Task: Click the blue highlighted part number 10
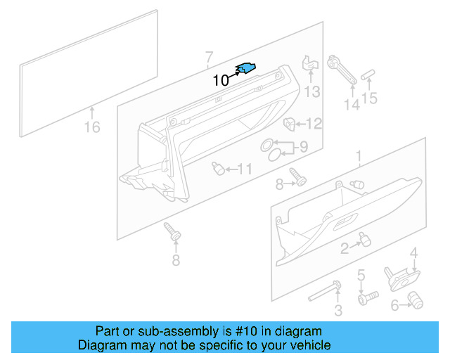click(246, 67)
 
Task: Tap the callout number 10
click(220, 81)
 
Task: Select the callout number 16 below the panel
click(92, 127)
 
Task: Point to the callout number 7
click(208, 56)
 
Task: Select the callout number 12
click(313, 124)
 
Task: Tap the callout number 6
click(395, 304)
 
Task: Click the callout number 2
click(345, 247)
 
